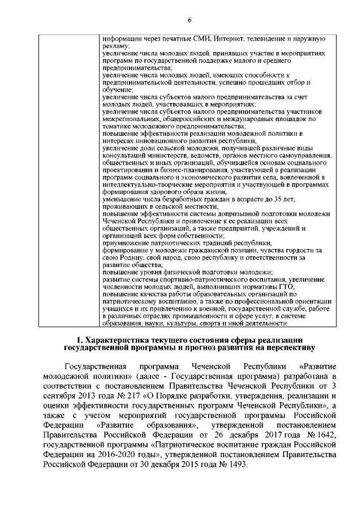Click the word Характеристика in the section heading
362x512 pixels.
click(x=122, y=339)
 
